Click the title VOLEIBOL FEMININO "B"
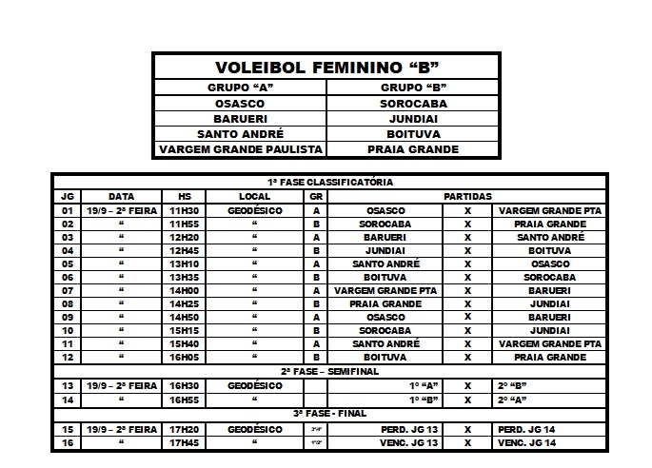coord(326,68)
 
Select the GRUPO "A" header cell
coord(239,88)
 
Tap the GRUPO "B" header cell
coord(413,88)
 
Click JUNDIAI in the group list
coord(413,118)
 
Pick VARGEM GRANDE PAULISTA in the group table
coord(239,149)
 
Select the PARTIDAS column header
coord(466,196)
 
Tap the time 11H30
coord(186,210)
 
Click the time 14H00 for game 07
coord(186,290)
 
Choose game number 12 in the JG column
coord(67,357)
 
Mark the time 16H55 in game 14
coord(186,401)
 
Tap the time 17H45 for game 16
coord(186,443)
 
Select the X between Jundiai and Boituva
coord(467,251)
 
